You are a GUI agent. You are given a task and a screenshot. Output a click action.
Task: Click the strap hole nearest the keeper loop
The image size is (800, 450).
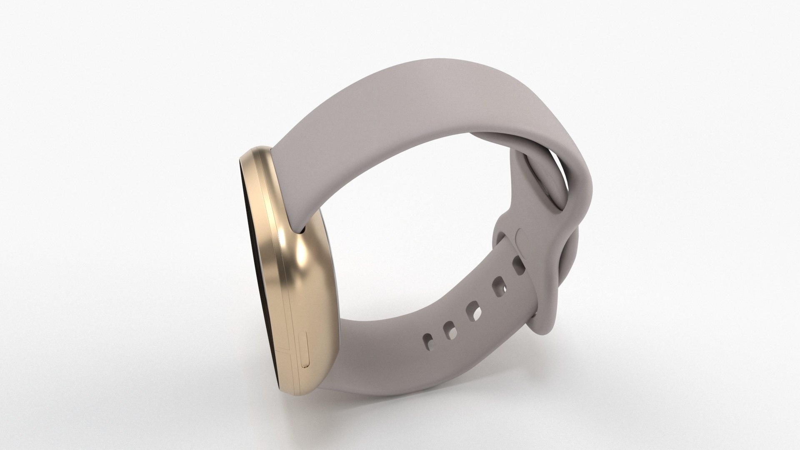click(519, 265)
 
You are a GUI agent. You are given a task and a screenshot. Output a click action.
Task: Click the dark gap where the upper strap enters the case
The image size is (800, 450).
click(302, 229)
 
